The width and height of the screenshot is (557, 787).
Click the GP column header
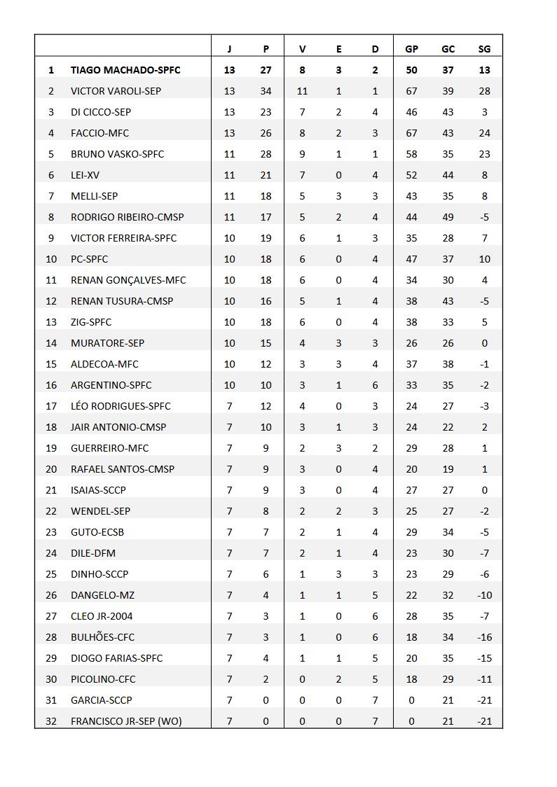(411, 49)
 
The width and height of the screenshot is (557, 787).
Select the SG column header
(484, 49)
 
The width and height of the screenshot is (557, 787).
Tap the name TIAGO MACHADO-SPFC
(125, 70)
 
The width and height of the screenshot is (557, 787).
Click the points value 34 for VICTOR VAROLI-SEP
(266, 91)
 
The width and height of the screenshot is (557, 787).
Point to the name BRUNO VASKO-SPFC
(117, 154)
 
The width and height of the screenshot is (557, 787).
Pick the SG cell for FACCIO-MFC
(484, 133)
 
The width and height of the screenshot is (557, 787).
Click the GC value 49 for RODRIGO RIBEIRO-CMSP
(448, 217)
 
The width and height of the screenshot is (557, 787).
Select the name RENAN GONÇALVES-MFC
(128, 280)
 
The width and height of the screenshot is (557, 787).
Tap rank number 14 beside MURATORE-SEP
(51, 343)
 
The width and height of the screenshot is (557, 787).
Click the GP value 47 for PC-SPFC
(411, 259)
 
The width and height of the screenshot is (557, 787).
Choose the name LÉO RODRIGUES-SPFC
(121, 406)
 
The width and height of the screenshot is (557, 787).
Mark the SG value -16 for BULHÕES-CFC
(484, 637)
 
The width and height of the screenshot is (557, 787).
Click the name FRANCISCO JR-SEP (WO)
(126, 721)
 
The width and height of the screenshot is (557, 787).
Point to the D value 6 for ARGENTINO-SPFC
(375, 385)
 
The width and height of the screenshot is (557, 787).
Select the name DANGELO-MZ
(102, 595)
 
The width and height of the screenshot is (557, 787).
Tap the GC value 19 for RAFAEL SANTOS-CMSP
(448, 469)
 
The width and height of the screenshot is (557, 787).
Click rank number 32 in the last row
(51, 721)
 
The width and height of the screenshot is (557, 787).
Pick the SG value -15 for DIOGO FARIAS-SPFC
(484, 658)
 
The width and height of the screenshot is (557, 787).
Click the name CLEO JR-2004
(102, 616)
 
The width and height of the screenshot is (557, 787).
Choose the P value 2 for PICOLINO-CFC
(266, 679)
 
